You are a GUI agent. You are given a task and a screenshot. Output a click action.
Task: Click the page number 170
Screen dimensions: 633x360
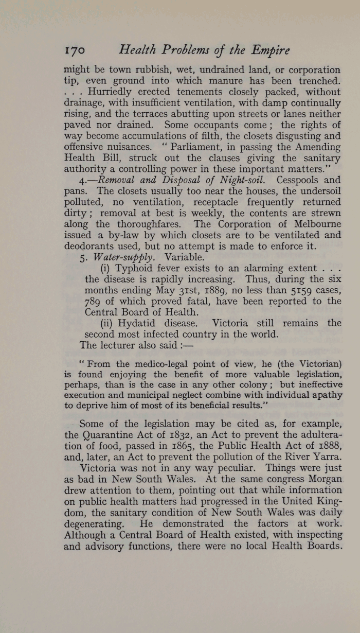75,50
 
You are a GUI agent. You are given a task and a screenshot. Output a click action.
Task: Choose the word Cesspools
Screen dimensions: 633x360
301,180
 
